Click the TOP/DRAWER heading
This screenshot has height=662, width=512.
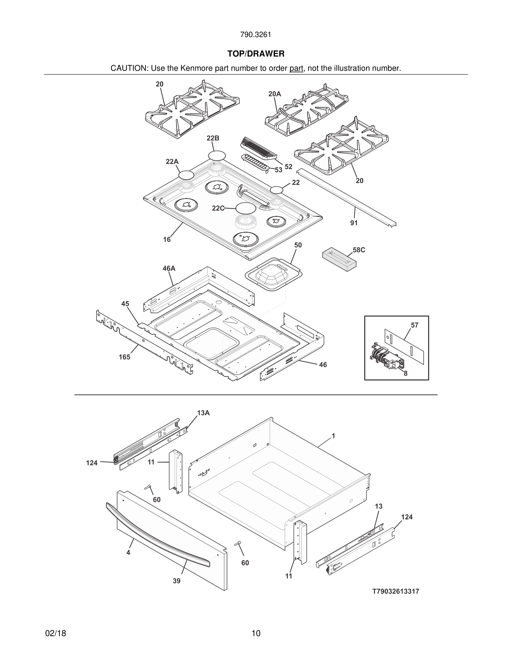pyautogui.click(x=256, y=54)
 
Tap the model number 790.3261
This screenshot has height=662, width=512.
pyautogui.click(x=256, y=35)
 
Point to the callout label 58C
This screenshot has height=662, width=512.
pyautogui.click(x=359, y=250)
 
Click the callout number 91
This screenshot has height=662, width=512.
pyautogui.click(x=354, y=223)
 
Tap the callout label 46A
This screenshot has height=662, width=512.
pyautogui.click(x=169, y=268)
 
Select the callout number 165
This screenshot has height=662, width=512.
pyautogui.click(x=124, y=357)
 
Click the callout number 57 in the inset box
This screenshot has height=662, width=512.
pyautogui.click(x=414, y=325)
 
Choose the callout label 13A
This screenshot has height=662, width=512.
pyautogui.click(x=203, y=413)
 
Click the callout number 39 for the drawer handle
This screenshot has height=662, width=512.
pyautogui.click(x=177, y=581)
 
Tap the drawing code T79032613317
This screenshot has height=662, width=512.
pyautogui.click(x=395, y=592)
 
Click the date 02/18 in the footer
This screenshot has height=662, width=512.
pyautogui.click(x=55, y=634)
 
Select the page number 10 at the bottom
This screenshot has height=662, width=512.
pyautogui.click(x=256, y=634)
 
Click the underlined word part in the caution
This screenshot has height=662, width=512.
pyautogui.click(x=296, y=69)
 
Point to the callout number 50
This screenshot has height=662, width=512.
pyautogui.click(x=298, y=245)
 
